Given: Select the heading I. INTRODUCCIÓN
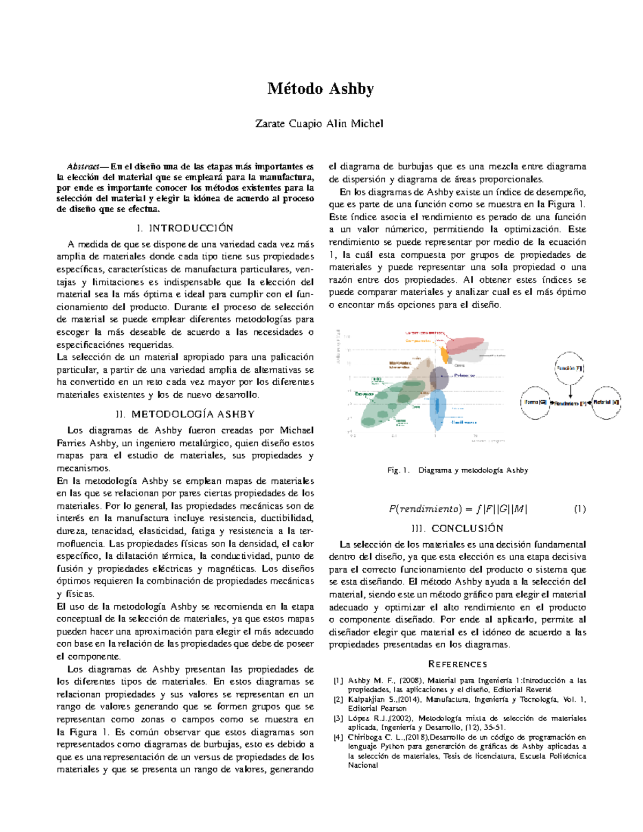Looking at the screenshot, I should [185, 228].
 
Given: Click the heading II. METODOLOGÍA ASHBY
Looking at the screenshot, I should [185, 414].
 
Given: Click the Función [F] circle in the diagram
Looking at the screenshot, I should [570, 369].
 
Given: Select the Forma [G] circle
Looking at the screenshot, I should [535, 402].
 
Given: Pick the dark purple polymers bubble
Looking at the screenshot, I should [439, 378].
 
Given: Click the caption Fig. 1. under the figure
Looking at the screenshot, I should [398, 470].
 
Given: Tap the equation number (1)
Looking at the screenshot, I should [579, 509].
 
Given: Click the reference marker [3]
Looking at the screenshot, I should [338, 718].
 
